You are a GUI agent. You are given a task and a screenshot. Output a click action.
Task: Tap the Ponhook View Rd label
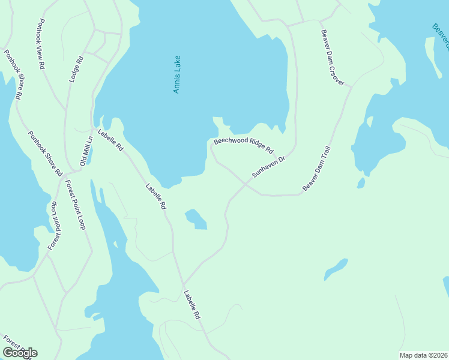click(x=41, y=45)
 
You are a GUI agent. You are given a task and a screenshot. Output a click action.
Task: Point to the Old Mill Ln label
click(x=87, y=151)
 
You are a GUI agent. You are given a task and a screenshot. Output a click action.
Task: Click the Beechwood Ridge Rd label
click(x=243, y=146)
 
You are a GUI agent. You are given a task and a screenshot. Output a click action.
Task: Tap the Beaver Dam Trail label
click(x=316, y=169)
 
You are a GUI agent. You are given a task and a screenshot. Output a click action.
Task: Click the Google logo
click(x=20, y=352)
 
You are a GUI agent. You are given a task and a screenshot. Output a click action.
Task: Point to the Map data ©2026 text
click(x=423, y=355)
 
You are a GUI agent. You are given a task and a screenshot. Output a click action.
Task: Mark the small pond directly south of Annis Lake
click(x=196, y=219)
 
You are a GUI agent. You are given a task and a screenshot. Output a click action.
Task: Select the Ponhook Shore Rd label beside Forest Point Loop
click(x=45, y=153)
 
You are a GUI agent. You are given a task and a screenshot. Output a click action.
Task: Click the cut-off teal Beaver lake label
click(x=440, y=35)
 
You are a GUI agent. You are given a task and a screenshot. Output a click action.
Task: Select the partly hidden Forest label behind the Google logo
click(x=11, y=344)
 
